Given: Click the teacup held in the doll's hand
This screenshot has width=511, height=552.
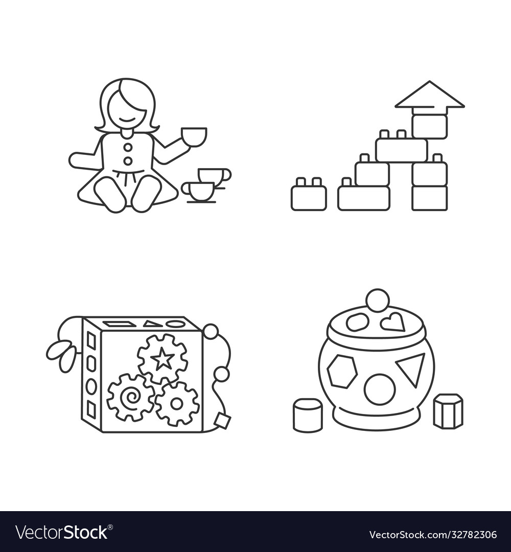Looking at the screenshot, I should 194,136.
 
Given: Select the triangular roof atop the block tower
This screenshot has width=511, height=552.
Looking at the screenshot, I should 429,96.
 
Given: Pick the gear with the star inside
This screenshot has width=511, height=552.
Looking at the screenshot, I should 162,359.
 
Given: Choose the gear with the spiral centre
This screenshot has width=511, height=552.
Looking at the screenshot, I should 130,397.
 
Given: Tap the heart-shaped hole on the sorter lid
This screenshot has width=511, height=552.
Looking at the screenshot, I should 393,322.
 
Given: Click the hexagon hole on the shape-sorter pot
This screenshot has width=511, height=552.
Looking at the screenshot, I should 342,372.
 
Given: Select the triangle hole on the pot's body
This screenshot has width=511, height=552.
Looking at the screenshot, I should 411,369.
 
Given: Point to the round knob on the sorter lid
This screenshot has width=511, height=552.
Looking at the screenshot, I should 378,300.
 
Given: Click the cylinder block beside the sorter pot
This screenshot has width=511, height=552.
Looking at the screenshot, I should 308,415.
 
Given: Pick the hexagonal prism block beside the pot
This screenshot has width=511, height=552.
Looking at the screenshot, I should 448,411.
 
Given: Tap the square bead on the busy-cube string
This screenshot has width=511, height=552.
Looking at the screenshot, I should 223,420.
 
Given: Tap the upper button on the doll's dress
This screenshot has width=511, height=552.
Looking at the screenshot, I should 128,147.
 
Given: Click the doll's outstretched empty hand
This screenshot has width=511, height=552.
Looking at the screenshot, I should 77,160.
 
